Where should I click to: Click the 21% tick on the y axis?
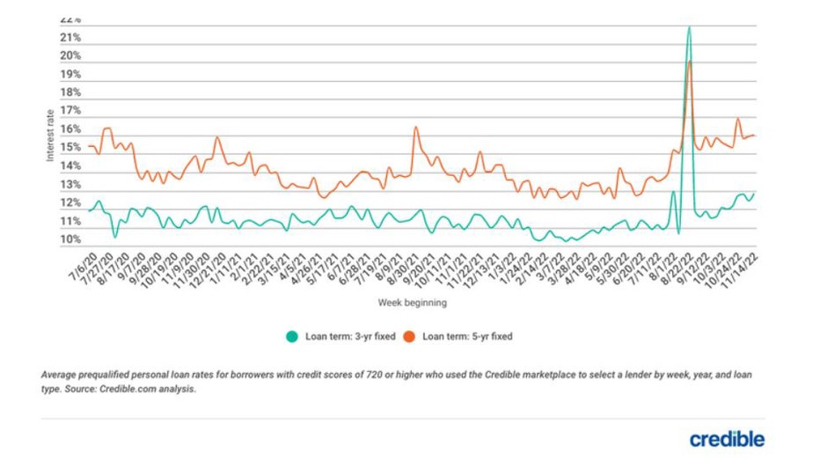[71, 38]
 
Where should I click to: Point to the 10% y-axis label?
[71, 240]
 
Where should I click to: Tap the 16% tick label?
[71, 129]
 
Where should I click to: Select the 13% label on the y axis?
[71, 185]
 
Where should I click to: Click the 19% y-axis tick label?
[71, 75]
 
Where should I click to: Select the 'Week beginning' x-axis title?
[413, 304]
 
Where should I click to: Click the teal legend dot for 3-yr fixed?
[292, 336]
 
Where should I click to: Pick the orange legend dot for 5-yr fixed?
[409, 336]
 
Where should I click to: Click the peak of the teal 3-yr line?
[688, 26]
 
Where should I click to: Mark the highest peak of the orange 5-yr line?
[690, 62]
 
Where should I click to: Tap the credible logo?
[727, 439]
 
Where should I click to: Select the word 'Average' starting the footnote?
[61, 375]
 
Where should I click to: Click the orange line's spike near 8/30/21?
[415, 128]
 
